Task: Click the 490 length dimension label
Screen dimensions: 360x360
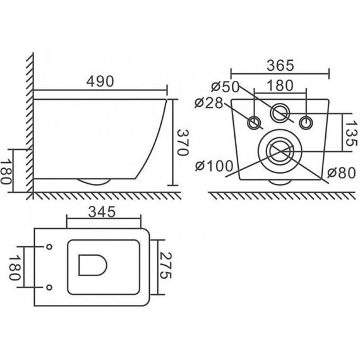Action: pyautogui.click(x=100, y=81)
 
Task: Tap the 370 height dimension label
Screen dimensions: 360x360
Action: pyautogui.click(x=183, y=143)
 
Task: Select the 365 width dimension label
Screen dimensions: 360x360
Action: pyautogui.click(x=280, y=66)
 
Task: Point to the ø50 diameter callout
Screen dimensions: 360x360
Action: pyautogui.click(x=225, y=87)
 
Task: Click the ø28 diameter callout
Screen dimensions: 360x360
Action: pyautogui.click(x=208, y=103)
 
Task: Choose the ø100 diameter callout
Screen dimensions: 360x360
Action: pyautogui.click(x=214, y=166)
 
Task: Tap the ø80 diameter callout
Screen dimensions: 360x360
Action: pyautogui.click(x=342, y=173)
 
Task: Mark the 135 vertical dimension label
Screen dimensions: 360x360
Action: pyautogui.click(x=351, y=134)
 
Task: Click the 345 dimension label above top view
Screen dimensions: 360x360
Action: pyautogui.click(x=102, y=212)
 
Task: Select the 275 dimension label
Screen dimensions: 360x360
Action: pyautogui.click(x=165, y=266)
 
